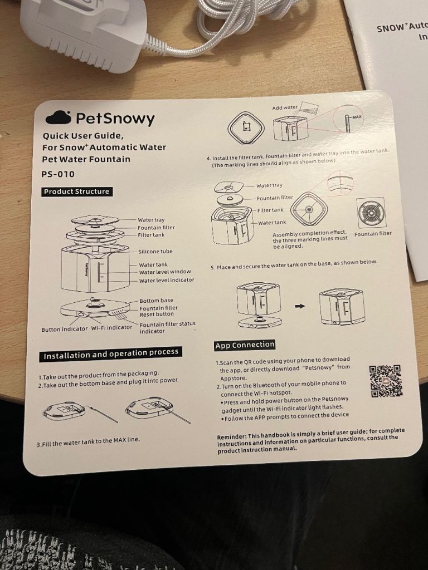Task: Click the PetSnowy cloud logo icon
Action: click(58, 117)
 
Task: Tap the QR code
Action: click(386, 381)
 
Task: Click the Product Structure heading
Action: click(76, 191)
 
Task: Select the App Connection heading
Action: click(245, 345)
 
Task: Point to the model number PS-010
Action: click(58, 174)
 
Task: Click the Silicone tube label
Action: click(155, 251)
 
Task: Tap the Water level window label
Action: click(165, 272)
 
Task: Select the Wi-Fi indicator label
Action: click(111, 327)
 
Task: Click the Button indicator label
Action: click(65, 329)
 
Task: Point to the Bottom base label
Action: click(157, 301)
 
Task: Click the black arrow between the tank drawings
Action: click(299, 306)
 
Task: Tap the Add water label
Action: click(285, 107)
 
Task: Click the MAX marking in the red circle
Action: click(357, 117)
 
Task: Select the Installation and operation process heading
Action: click(111, 354)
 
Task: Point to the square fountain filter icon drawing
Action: click(371, 212)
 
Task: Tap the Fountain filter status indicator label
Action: click(167, 327)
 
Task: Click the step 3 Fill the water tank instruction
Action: click(88, 441)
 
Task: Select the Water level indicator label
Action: click(167, 280)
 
